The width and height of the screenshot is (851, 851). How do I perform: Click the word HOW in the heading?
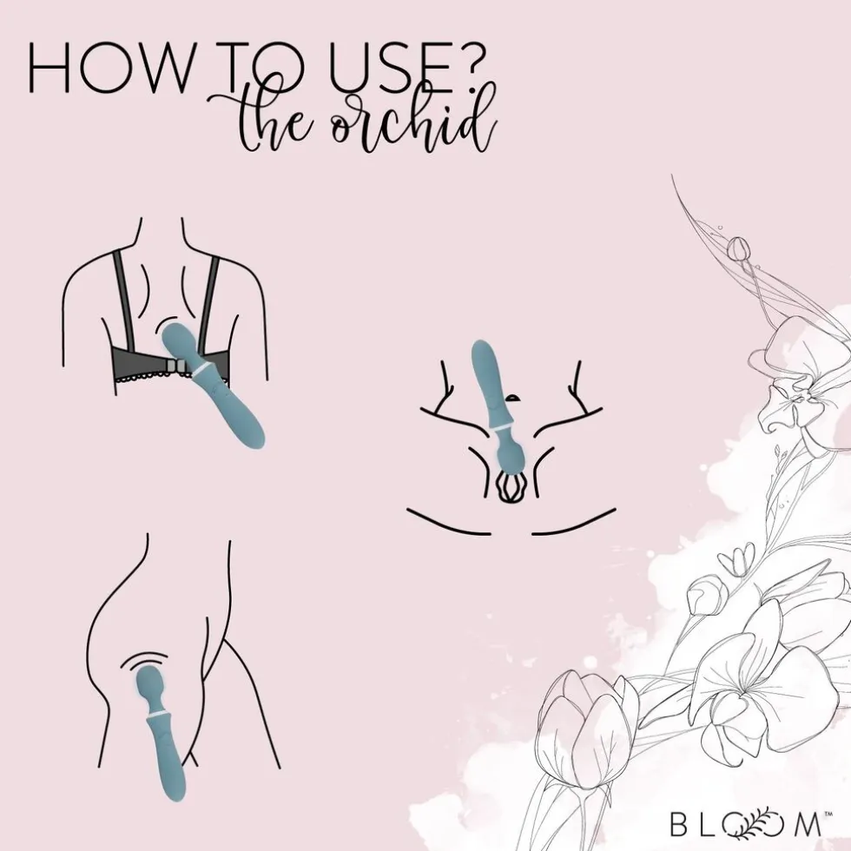click(109, 66)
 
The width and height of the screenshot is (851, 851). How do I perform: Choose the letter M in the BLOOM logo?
click(807, 824)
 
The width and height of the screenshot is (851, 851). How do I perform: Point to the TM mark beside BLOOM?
click(828, 814)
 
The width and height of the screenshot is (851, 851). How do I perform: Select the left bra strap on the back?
click(123, 301)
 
